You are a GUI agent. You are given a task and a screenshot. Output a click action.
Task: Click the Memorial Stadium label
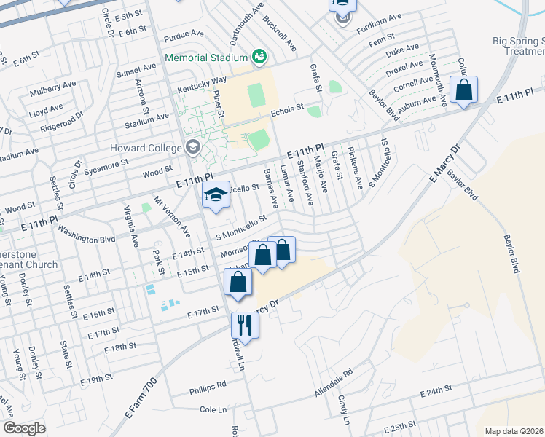pyautogui.click(x=207, y=57)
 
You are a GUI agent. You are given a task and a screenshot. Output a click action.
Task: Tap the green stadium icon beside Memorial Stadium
pyautogui.click(x=257, y=56)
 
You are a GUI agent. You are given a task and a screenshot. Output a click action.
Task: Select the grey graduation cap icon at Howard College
pyautogui.click(x=192, y=146)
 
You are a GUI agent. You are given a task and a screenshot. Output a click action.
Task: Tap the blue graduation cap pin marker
pyautogui.click(x=216, y=195)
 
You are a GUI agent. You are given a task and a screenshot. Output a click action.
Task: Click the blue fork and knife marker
pyautogui.click(x=244, y=326)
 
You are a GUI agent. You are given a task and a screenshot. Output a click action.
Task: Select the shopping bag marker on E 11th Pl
pyautogui.click(x=463, y=91)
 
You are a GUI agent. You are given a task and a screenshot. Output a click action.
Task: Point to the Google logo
pyautogui.click(x=24, y=428)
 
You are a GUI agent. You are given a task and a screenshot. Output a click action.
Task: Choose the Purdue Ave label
pyautogui.click(x=184, y=34)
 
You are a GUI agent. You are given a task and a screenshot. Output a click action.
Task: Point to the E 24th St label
pyautogui.click(x=442, y=393)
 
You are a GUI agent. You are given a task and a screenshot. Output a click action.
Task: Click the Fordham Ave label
pyautogui.click(x=380, y=17)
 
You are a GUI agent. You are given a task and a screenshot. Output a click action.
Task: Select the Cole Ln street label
pyautogui.click(x=214, y=410)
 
